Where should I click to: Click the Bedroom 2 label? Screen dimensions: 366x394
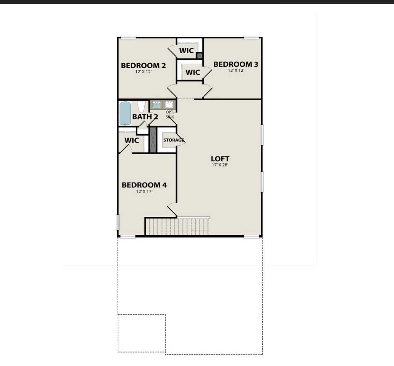click(x=143, y=66)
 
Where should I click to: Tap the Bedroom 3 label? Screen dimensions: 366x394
click(x=236, y=64)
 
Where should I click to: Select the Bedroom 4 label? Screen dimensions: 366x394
click(x=144, y=185)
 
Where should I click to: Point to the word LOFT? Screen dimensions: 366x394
click(x=220, y=159)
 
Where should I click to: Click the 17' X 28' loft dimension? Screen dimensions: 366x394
click(x=220, y=165)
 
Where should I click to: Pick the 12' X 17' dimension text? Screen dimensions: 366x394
click(x=144, y=191)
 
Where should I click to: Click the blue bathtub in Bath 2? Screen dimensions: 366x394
click(x=125, y=113)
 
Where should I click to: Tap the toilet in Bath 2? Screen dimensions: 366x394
click(x=141, y=106)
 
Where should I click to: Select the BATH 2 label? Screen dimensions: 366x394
click(x=145, y=117)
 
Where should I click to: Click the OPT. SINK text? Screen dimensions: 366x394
click(x=170, y=115)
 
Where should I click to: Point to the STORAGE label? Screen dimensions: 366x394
click(x=174, y=140)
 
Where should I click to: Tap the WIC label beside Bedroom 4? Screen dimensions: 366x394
click(x=132, y=141)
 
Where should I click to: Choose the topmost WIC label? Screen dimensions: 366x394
click(x=186, y=51)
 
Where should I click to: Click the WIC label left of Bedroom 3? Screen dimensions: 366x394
click(x=193, y=72)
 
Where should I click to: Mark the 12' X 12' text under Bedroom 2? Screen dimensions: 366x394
click(x=143, y=72)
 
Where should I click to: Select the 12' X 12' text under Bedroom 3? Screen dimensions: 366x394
click(x=236, y=70)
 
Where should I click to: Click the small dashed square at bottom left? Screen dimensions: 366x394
click(x=141, y=333)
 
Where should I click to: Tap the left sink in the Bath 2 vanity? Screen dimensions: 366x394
click(x=157, y=105)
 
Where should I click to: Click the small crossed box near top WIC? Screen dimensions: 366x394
click(x=199, y=56)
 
